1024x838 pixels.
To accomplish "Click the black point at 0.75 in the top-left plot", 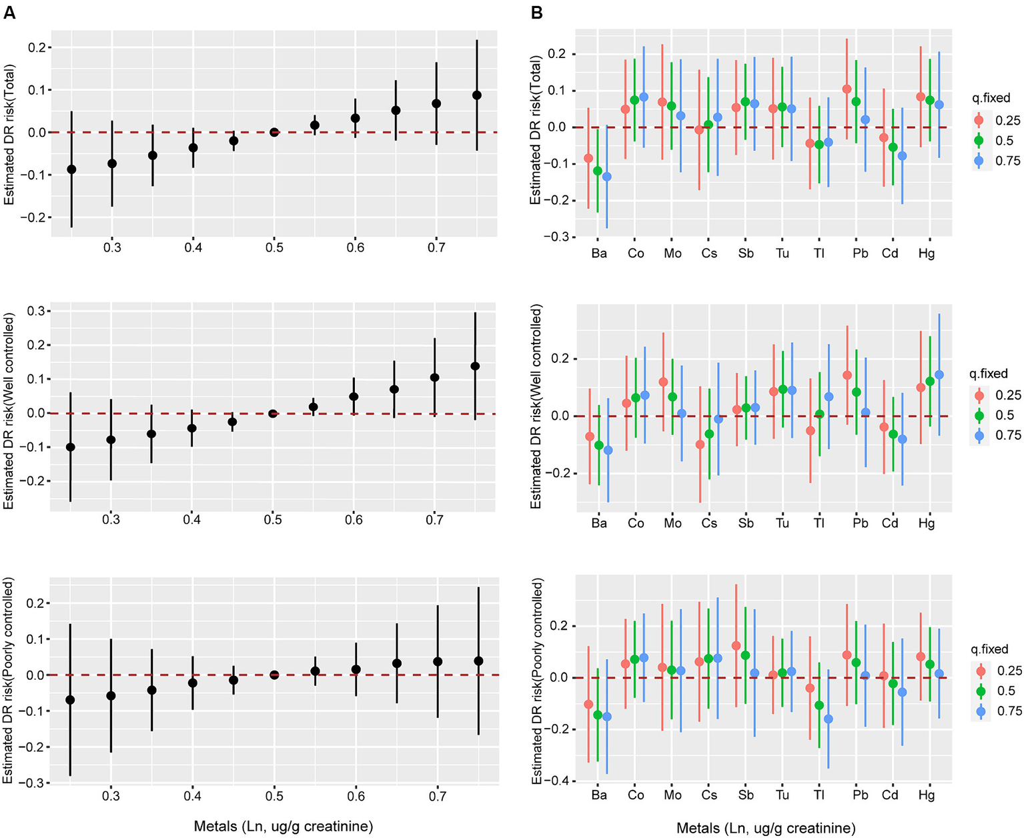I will [x=476, y=95].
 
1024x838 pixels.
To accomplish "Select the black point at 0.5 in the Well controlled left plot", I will [x=273, y=414].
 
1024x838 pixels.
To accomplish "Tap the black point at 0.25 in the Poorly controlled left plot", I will [x=71, y=700].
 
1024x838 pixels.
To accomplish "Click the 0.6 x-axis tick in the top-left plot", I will [x=355, y=248].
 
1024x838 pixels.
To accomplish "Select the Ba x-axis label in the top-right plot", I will [x=599, y=254].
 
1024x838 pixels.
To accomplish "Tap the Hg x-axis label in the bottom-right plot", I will [x=927, y=795].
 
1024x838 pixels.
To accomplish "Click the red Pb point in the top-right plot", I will [x=847, y=89].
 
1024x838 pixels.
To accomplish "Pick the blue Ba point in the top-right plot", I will [x=607, y=177].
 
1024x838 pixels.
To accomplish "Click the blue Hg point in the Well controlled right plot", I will [x=939, y=375].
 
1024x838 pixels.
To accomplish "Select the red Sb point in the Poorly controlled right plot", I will [x=736, y=646].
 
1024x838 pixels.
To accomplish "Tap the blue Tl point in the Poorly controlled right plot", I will [x=829, y=719].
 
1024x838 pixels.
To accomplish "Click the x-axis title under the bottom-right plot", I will [x=766, y=829].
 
